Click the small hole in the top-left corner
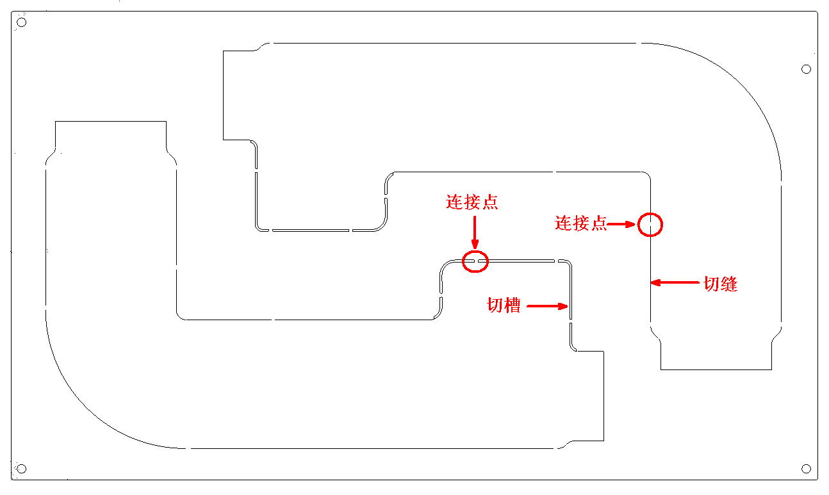pos(21,22)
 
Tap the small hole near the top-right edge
pos(807,69)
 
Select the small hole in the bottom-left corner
pos(21,469)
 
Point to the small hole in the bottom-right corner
pos(807,469)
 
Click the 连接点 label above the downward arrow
pos(472,203)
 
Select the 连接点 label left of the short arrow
pos(581,223)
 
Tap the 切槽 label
pos(504,305)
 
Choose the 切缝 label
pos(721,284)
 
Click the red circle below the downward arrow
pos(475,261)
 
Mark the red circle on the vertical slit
pos(650,225)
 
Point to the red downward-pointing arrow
pos(474,232)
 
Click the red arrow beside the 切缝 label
pos(673,282)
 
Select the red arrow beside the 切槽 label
pos(548,306)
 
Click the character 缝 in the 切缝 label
pos(729,284)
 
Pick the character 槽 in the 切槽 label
pos(512,305)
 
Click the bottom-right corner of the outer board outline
pos(818,480)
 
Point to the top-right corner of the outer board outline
pos(818,12)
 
